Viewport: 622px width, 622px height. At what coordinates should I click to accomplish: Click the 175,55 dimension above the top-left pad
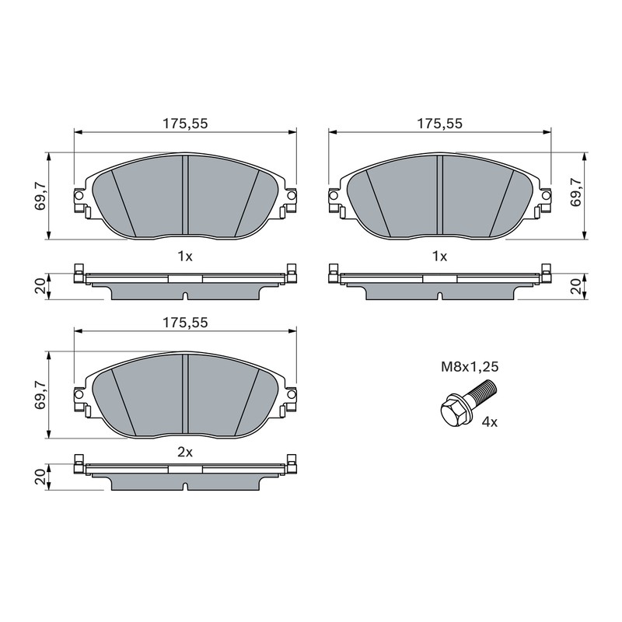click(x=185, y=124)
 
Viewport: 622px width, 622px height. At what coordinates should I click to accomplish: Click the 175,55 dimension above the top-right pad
click(x=439, y=124)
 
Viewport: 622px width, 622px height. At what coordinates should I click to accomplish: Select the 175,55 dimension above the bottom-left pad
click(x=185, y=323)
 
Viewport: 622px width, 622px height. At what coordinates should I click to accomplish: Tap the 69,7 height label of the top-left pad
click(x=40, y=196)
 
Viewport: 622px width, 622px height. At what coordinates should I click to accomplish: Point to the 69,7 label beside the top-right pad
click(x=575, y=192)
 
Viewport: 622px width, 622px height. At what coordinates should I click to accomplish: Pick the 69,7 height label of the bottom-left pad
click(x=40, y=395)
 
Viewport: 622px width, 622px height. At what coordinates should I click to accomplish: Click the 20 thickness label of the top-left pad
click(x=40, y=285)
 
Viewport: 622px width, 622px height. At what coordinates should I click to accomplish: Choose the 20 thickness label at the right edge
click(x=575, y=285)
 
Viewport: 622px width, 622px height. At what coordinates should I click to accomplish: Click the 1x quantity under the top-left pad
click(x=185, y=257)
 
